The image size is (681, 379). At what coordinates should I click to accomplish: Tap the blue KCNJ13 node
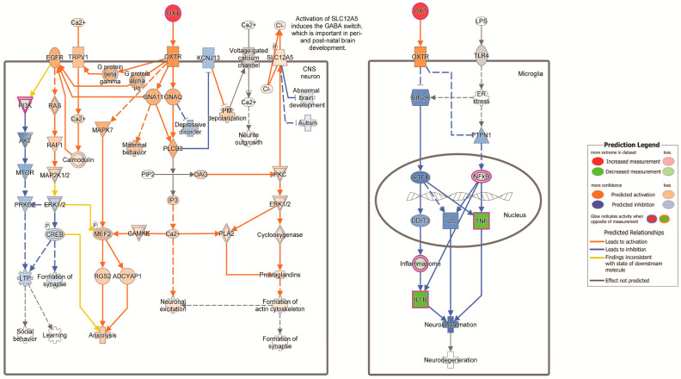[x=207, y=58]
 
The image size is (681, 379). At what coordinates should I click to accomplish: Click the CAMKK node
[x=138, y=233]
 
